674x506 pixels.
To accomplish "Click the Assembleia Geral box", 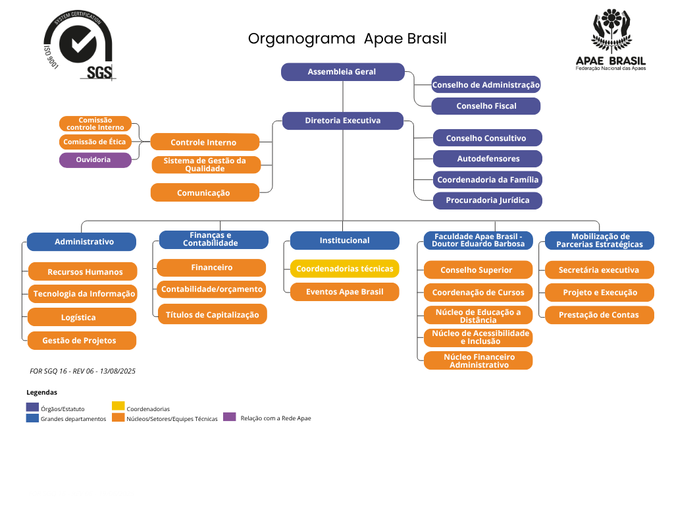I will pos(342,72).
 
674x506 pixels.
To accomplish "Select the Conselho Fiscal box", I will pos(486,106).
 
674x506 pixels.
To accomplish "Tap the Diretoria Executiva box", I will pos(342,121).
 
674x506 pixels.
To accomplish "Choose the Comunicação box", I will pos(205,192).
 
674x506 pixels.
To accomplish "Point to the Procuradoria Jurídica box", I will pos(487,200).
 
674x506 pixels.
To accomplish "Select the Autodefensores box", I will pos(488,159).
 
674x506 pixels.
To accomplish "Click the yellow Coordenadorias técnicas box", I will pos(344,269).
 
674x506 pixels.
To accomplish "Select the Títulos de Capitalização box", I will pos(212,314).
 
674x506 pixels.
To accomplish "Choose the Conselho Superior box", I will pos(477,270).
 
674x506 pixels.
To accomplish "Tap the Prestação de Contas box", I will pos(599,315).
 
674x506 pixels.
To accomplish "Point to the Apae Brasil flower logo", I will pos(611,31).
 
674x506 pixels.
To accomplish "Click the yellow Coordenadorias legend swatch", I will pos(118,406).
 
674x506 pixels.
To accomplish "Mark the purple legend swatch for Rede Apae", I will pos(229,417).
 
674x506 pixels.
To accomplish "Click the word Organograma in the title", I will pos(301,39).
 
